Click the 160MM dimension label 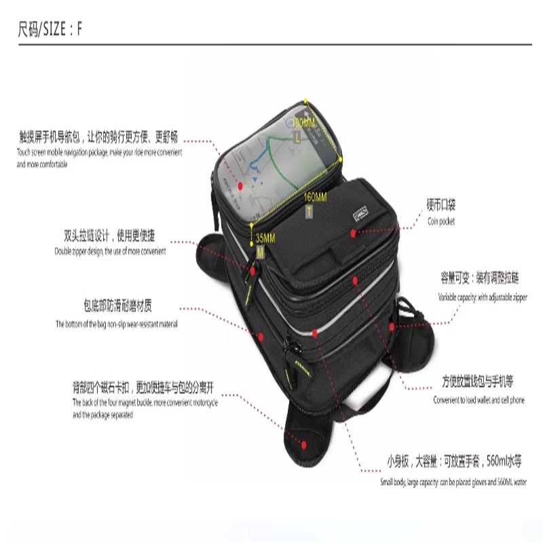[x=316, y=197]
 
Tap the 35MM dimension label [x=265, y=239]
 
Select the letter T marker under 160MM [x=309, y=212]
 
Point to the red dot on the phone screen [x=240, y=184]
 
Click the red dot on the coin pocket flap [x=354, y=233]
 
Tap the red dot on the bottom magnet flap [x=305, y=445]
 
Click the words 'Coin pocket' [x=441, y=221]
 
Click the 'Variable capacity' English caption [x=482, y=297]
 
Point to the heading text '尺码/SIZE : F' [x=51, y=30]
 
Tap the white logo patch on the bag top [x=358, y=215]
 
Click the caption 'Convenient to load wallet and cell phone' [x=479, y=400]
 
